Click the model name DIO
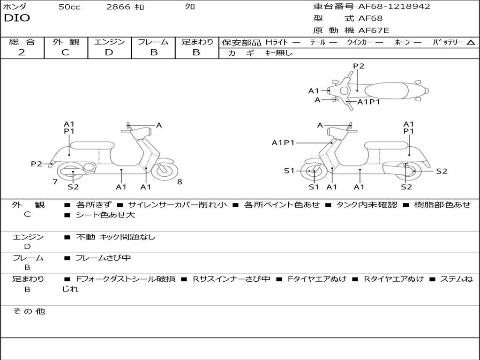(x=17, y=18)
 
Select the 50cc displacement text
(x=69, y=7)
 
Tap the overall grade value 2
(x=22, y=52)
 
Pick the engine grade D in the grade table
(x=109, y=52)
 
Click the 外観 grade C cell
(x=65, y=52)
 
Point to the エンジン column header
(x=109, y=42)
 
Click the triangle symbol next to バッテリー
(x=471, y=43)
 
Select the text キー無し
(x=279, y=53)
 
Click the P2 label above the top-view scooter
(x=359, y=66)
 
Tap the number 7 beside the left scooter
(x=55, y=181)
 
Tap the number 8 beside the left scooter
(x=180, y=181)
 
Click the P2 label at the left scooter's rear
(x=36, y=164)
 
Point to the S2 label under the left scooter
(x=73, y=187)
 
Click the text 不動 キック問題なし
(x=115, y=237)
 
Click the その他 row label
(x=29, y=311)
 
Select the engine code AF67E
(x=373, y=30)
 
